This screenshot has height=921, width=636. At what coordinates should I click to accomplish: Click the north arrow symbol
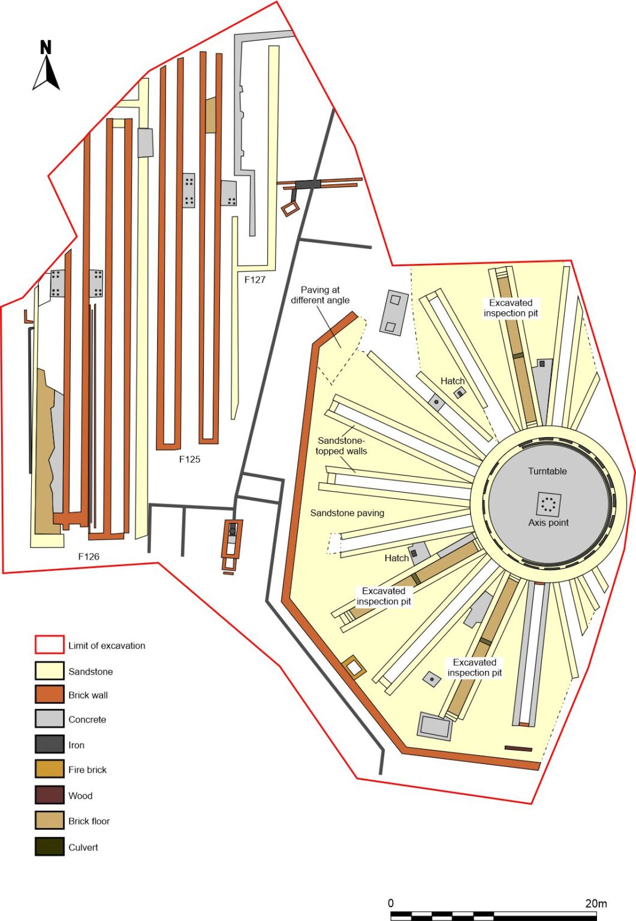[x=46, y=73]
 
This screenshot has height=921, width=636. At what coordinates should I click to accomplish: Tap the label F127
[x=255, y=279]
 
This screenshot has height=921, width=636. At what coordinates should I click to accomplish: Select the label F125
[x=189, y=459]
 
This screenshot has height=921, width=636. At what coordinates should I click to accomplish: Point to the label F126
[x=89, y=556]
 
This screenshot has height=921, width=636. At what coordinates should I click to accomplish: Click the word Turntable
[x=547, y=471]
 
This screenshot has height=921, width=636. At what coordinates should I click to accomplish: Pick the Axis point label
[x=548, y=523]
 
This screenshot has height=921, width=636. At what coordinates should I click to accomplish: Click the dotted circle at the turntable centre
[x=549, y=504]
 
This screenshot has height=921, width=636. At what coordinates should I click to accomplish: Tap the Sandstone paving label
[x=347, y=513]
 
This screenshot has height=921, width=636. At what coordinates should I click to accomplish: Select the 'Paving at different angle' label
[x=320, y=295]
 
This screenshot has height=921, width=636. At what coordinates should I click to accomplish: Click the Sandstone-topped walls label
[x=341, y=446]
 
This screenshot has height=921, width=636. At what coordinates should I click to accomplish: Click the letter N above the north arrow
[x=46, y=47]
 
